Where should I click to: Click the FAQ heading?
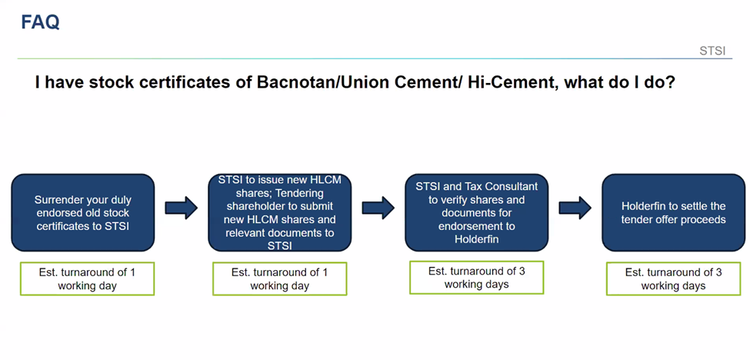click(x=40, y=22)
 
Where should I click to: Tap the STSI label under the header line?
click(x=712, y=52)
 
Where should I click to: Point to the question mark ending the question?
click(x=670, y=82)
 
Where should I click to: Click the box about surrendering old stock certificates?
click(x=83, y=213)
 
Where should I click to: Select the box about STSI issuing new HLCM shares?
click(x=280, y=213)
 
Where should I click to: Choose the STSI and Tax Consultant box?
click(x=476, y=213)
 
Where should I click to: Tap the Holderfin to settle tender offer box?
click(x=674, y=213)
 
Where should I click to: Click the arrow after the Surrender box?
click(x=182, y=208)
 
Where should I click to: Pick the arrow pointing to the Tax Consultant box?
click(x=378, y=208)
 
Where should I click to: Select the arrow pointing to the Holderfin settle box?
click(x=575, y=208)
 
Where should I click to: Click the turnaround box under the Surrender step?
click(x=87, y=278)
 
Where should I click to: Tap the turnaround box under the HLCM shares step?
click(x=280, y=278)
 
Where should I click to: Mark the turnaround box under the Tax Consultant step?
click(x=476, y=277)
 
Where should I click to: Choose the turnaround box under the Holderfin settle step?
click(x=674, y=278)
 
